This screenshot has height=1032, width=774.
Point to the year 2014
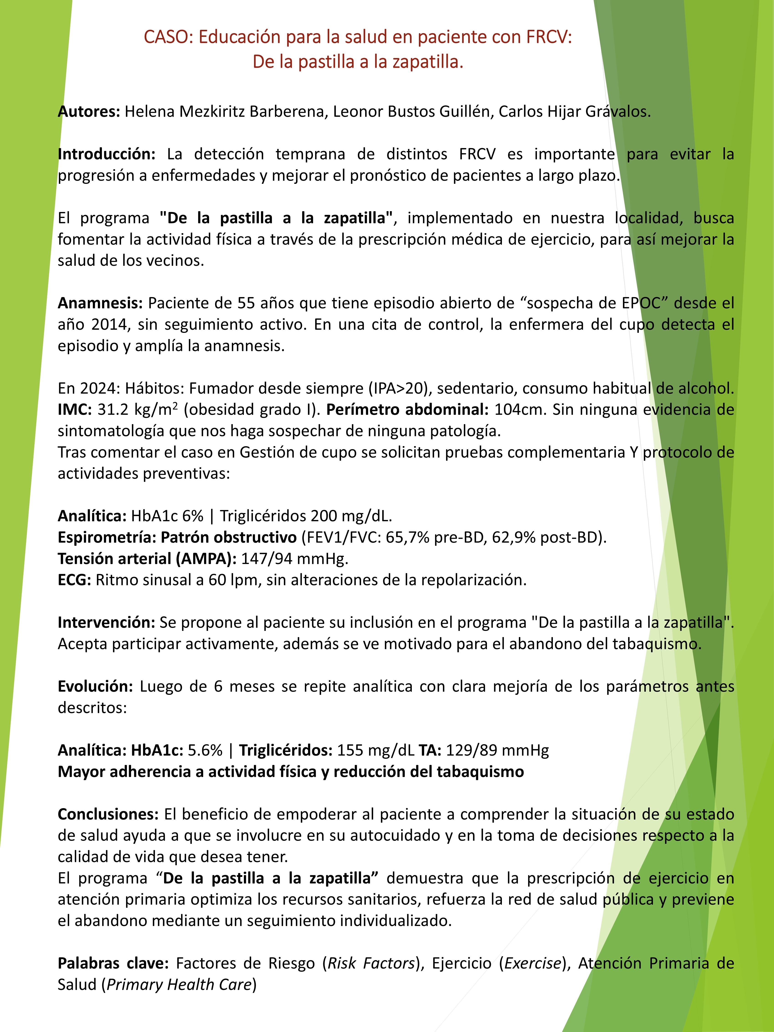click(109, 325)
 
